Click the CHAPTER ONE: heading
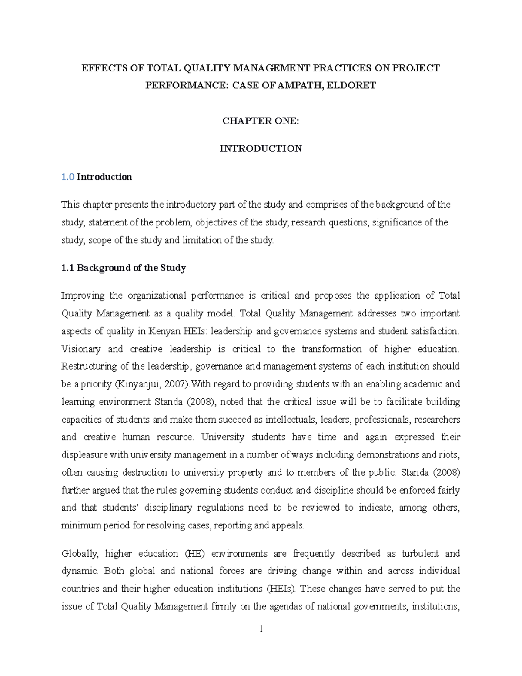261,121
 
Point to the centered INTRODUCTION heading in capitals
261,149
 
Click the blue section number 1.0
68,177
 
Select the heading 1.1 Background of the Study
124,268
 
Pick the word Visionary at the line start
81,349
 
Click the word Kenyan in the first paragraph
165,331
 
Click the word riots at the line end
448,455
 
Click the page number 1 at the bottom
261,629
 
